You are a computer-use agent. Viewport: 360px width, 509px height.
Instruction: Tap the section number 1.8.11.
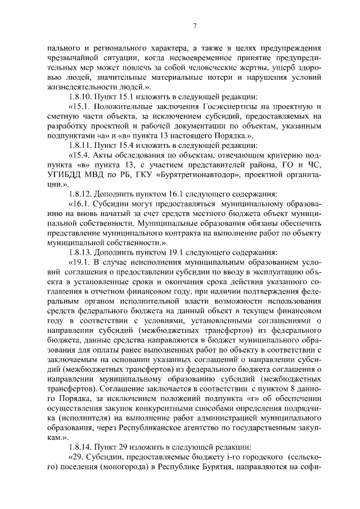(x=81, y=145)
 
